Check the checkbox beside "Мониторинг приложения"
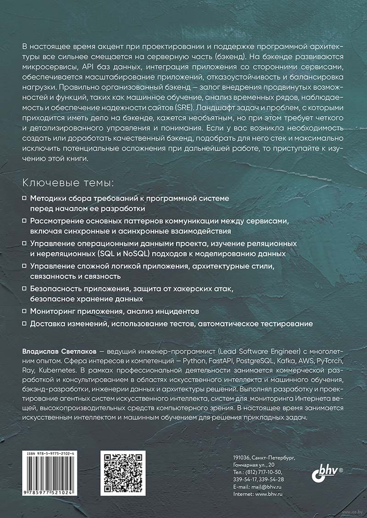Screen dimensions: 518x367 pyautogui.click(x=25, y=311)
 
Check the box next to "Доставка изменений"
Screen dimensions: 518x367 pyautogui.click(x=25, y=323)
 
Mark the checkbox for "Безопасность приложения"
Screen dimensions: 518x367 pyautogui.click(x=25, y=289)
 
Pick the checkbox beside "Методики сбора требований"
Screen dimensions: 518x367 pyautogui.click(x=25, y=199)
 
